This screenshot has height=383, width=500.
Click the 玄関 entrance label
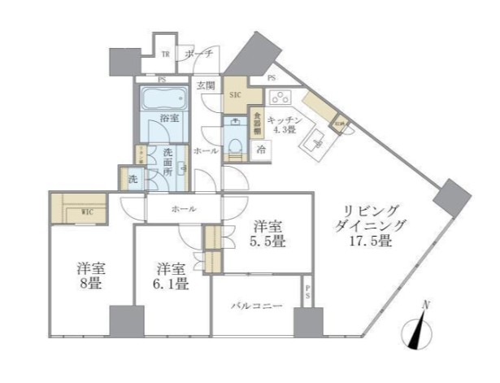204,85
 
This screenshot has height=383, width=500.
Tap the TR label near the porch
165,54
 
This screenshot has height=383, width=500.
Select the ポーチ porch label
198,54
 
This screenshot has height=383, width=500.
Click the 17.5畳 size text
372,242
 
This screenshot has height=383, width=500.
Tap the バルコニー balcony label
255,306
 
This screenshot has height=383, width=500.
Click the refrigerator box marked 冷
262,149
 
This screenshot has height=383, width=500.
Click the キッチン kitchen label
285,120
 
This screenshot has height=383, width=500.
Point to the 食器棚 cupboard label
256,123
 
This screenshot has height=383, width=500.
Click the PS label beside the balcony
307,292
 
